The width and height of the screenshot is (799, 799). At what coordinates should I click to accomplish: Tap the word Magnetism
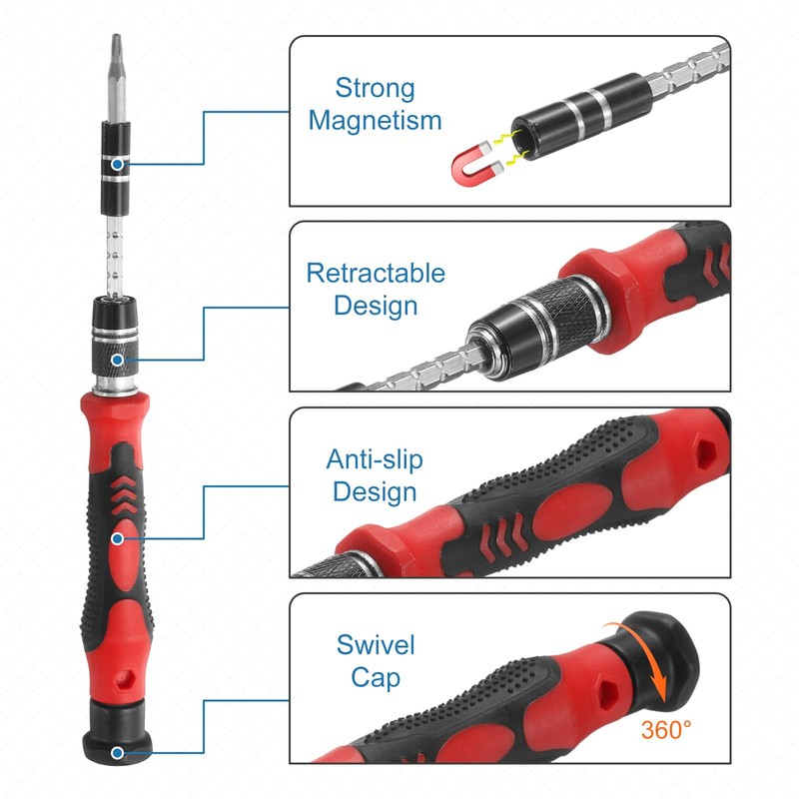tap(375, 121)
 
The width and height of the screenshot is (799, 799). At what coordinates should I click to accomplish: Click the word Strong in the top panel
tap(375, 88)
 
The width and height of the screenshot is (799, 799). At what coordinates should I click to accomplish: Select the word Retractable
tap(376, 273)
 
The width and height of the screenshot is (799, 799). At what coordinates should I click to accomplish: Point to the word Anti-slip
tap(375, 459)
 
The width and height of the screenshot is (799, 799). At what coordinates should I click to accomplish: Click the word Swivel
tap(376, 644)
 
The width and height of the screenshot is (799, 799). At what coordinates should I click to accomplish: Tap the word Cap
tap(376, 678)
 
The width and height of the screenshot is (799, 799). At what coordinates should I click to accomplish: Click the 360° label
tap(666, 730)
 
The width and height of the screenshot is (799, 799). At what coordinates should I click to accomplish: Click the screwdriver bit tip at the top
tap(116, 50)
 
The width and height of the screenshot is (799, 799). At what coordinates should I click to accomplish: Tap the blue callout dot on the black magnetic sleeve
tap(118, 164)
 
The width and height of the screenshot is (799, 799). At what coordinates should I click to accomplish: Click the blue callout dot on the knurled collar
tap(118, 360)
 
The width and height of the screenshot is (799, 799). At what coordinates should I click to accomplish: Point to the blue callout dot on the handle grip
tap(118, 538)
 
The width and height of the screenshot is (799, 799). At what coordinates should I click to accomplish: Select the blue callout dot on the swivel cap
tap(118, 752)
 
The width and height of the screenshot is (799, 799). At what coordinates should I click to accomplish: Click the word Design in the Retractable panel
tap(376, 306)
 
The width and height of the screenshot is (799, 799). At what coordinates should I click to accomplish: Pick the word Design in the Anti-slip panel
tap(375, 491)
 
